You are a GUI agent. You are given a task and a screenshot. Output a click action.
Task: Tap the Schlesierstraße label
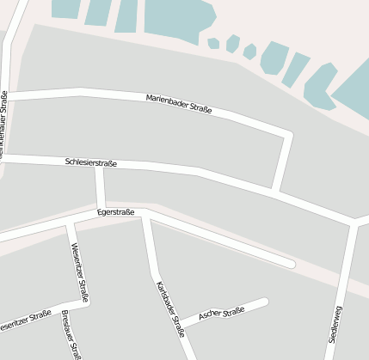pyautogui.click(x=90, y=162)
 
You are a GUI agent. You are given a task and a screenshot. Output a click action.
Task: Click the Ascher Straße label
pyautogui.click(x=222, y=314)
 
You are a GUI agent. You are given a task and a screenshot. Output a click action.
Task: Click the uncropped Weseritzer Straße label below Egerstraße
pyautogui.click(x=80, y=273)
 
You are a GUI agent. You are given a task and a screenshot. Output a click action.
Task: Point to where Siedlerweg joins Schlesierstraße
pyautogui.click(x=353, y=223)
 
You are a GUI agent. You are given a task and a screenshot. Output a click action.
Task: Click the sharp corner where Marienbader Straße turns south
pyautogui.click(x=288, y=135)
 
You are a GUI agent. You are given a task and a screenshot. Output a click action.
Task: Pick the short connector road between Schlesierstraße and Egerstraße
pyautogui.click(x=101, y=186)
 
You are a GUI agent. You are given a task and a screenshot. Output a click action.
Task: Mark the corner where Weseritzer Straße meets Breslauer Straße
pyautogui.click(x=86, y=302)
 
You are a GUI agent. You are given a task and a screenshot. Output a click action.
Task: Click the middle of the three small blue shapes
pyautogui.click(x=232, y=44)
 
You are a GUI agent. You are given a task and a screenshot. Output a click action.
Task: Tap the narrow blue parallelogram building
pyautogui.click(x=295, y=69)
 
